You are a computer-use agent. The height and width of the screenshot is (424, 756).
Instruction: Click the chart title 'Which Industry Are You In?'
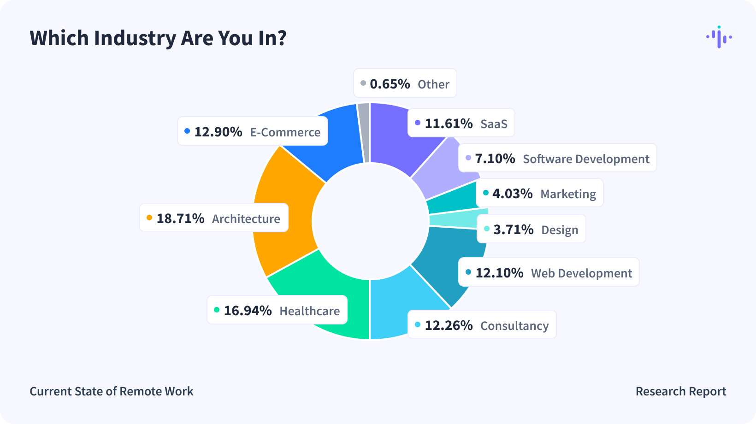click(x=158, y=38)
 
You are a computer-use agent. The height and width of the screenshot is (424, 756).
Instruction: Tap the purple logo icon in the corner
click(x=719, y=37)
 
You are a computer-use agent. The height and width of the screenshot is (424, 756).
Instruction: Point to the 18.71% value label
click(x=180, y=218)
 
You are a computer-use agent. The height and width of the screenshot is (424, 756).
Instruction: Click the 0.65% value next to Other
click(x=390, y=83)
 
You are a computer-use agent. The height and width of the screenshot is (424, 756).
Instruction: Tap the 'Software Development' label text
click(x=586, y=159)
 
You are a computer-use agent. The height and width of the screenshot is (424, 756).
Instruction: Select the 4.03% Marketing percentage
click(x=512, y=193)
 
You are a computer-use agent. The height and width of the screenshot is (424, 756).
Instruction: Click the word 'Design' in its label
click(x=560, y=230)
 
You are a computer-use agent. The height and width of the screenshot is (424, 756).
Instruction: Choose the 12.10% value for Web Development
click(x=499, y=273)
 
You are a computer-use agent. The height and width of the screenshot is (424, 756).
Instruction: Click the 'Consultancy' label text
click(x=514, y=325)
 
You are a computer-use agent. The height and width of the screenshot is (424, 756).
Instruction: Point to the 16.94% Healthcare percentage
click(x=248, y=310)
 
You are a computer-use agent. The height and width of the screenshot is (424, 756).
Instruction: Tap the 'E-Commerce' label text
click(x=285, y=132)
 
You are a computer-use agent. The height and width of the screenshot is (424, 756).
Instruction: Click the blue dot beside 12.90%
click(x=187, y=131)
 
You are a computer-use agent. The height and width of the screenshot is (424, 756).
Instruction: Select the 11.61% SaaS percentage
click(x=449, y=123)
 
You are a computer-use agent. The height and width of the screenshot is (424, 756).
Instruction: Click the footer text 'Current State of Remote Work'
click(x=112, y=391)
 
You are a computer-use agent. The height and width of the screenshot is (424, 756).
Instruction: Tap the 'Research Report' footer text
click(x=681, y=391)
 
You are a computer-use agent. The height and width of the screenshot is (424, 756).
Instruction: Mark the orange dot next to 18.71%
click(x=149, y=218)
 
